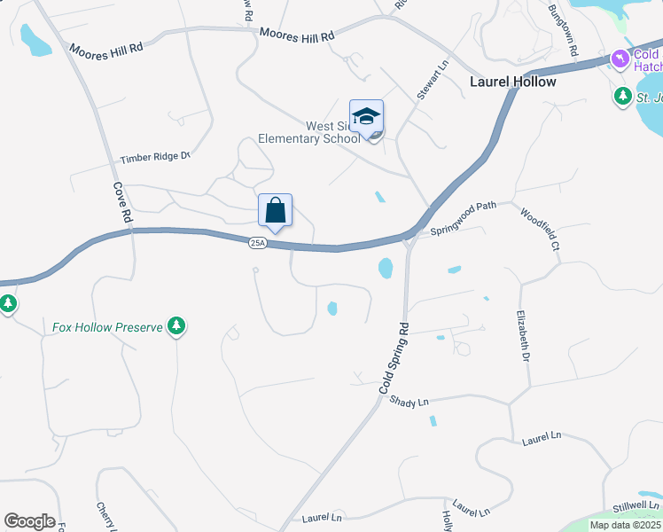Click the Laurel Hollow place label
pyautogui.click(x=512, y=82)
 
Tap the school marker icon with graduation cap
pyautogui.click(x=366, y=116)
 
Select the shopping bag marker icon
pyautogui.click(x=275, y=211)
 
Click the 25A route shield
pyautogui.click(x=257, y=243)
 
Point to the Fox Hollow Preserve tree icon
pyautogui.click(x=177, y=326)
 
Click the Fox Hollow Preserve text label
pyautogui.click(x=107, y=327)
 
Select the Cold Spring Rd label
pyautogui.click(x=395, y=359)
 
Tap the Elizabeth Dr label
pyautogui.click(x=523, y=332)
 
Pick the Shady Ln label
pyautogui.click(x=409, y=401)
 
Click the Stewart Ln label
pyautogui.click(x=433, y=79)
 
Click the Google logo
pyautogui.click(x=29, y=521)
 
